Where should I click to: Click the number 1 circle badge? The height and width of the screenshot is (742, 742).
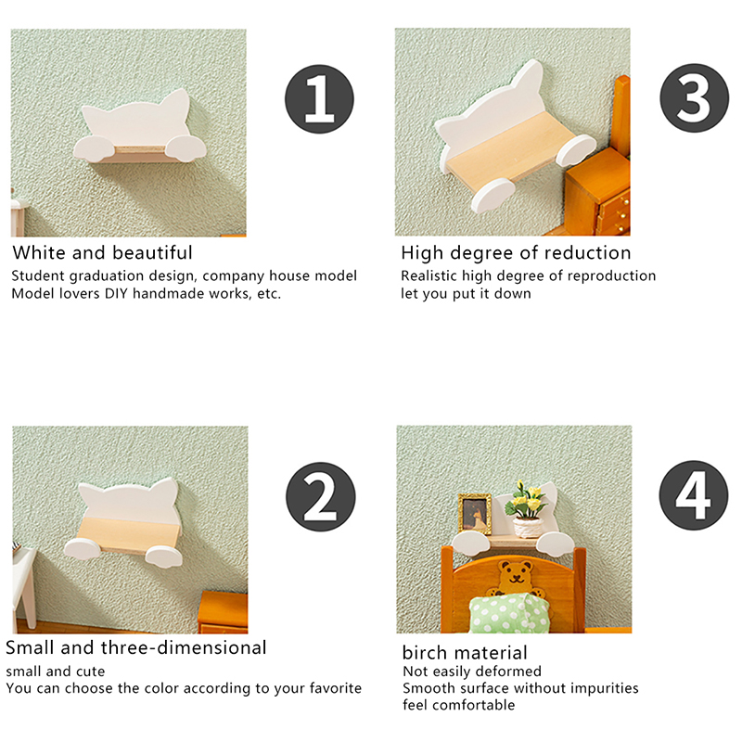click(319, 99)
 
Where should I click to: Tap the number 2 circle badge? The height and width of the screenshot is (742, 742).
click(320, 496)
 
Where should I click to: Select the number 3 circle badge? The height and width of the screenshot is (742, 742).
click(694, 98)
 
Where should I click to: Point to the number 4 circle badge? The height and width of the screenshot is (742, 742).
click(694, 495)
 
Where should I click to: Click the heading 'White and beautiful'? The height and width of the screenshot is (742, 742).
click(102, 252)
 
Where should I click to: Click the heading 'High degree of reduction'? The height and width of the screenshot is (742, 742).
click(516, 253)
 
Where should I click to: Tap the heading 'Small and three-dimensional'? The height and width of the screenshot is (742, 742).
click(136, 647)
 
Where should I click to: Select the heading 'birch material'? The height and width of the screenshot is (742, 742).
click(465, 653)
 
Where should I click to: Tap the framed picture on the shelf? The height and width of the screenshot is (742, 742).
click(475, 515)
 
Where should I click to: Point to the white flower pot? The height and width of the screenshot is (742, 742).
click(528, 528)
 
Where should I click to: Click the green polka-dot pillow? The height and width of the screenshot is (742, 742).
click(510, 613)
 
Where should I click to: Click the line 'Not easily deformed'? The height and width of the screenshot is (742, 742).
click(472, 671)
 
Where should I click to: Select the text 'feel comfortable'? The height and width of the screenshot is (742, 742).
click(458, 705)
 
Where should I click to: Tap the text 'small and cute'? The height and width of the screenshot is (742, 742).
click(56, 671)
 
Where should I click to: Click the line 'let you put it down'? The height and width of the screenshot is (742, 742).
click(466, 294)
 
